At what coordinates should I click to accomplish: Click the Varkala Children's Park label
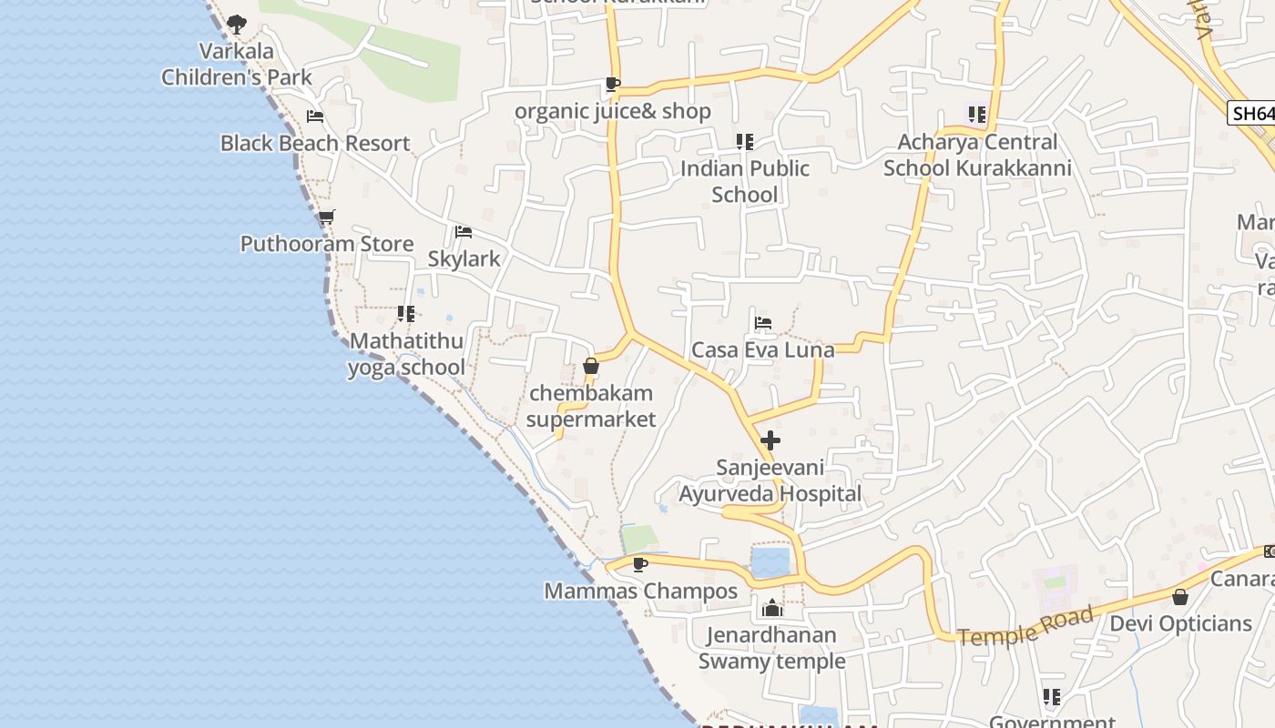click(x=237, y=64)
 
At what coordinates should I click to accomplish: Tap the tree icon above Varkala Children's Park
click(x=237, y=24)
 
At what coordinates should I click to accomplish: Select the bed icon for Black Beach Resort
click(x=315, y=116)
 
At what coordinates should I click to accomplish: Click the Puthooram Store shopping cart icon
click(x=326, y=217)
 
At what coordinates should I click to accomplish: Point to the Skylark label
click(x=464, y=258)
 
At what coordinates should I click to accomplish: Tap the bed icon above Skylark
click(x=464, y=232)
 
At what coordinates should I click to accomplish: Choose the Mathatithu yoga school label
click(x=406, y=354)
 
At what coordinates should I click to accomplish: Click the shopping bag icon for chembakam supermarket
click(x=591, y=366)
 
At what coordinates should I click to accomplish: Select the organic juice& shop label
click(x=613, y=111)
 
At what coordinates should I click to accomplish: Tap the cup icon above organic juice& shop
click(x=613, y=85)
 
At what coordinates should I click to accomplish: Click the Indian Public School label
click(x=745, y=181)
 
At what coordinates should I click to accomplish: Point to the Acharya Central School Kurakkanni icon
click(x=977, y=115)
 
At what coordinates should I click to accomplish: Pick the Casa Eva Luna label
click(x=763, y=349)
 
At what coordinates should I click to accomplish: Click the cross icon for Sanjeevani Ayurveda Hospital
click(x=770, y=441)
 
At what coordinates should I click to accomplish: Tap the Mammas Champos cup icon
click(x=640, y=564)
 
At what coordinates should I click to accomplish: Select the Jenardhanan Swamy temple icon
click(x=772, y=608)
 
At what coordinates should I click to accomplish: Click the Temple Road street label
click(x=1025, y=627)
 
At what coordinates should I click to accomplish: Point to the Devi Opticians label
click(x=1180, y=623)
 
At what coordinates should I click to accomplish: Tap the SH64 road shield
click(x=1250, y=113)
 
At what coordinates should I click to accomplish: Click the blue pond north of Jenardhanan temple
click(x=770, y=561)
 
